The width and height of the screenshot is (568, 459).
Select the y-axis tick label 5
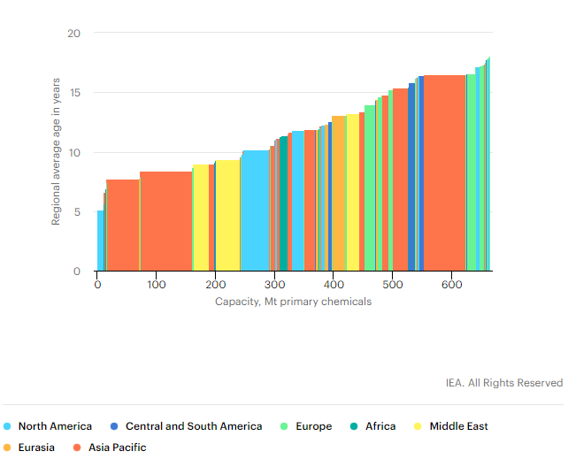point(77,212)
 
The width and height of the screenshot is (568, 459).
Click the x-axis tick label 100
point(157,285)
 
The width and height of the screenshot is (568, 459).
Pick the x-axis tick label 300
point(274,285)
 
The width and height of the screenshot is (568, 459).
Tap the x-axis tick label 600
point(452,285)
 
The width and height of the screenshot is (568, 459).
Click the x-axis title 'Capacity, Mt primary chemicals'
point(293,302)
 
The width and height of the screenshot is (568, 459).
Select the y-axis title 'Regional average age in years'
point(57,152)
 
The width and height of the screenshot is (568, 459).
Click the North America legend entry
point(55,426)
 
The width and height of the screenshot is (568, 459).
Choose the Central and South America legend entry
point(193,426)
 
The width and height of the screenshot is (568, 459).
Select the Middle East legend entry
point(458,426)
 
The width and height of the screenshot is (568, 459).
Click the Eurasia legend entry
point(36,448)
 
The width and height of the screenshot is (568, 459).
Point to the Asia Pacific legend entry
point(117,448)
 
